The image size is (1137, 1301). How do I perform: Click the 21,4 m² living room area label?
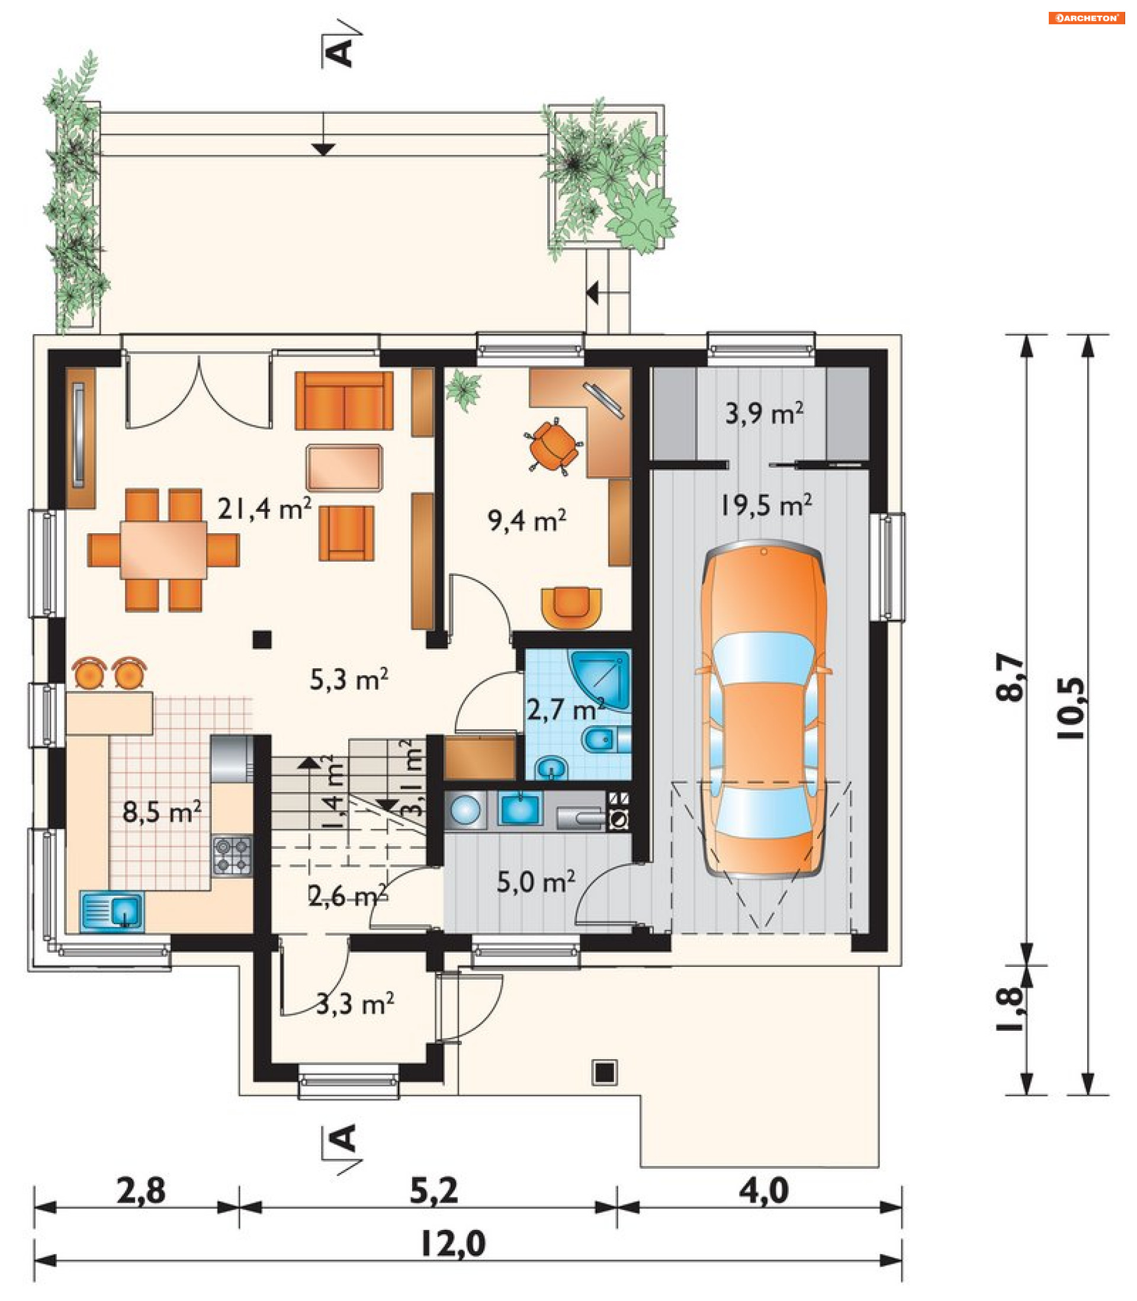(264, 508)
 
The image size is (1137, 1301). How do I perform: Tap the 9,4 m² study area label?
(526, 520)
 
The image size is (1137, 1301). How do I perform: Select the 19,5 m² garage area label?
(766, 505)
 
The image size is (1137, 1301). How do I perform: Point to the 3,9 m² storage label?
(764, 413)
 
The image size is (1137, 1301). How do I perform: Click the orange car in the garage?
(763, 710)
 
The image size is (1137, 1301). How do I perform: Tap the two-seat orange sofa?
(344, 401)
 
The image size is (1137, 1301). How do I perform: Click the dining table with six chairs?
(163, 550)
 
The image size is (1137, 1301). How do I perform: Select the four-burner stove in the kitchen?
(232, 857)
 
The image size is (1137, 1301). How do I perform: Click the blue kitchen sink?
(112, 912)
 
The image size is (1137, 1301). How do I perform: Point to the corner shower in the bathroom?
(600, 680)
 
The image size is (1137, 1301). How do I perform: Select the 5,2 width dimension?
(434, 1191)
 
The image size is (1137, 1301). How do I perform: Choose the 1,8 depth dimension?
(1010, 1010)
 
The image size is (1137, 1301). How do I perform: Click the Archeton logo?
(1086, 18)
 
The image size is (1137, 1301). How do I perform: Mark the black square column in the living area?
(262, 639)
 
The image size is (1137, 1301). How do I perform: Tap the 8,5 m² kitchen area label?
(162, 812)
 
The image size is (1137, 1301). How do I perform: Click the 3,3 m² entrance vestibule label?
(355, 1004)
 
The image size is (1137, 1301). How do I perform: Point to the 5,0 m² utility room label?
(536, 882)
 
